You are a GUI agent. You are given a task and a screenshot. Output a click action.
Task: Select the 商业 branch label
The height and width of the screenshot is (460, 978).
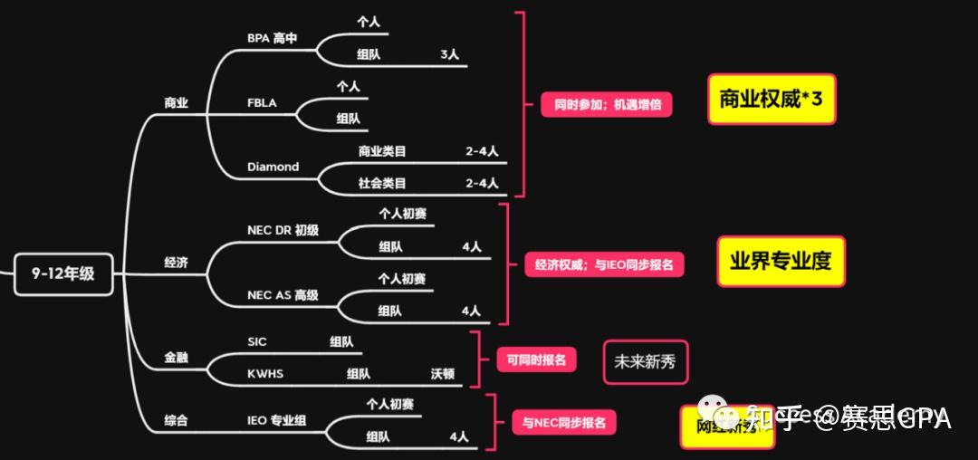coord(176,103)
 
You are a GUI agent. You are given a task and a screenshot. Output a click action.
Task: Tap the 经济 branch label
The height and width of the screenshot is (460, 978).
coord(176,264)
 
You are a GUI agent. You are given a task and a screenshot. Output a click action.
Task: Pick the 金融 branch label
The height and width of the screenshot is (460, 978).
coord(176,358)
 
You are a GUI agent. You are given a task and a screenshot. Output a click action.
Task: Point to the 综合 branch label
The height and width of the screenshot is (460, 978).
coord(176,420)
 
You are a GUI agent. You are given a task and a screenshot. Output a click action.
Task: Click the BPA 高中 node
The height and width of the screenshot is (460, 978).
coord(272,39)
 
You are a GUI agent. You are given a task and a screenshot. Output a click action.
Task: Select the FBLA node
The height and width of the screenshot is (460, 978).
coord(262,103)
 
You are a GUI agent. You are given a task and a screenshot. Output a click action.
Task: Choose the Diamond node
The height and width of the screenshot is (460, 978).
coord(273,167)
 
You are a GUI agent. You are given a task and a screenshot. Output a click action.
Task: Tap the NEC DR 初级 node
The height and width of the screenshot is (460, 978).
coord(283,231)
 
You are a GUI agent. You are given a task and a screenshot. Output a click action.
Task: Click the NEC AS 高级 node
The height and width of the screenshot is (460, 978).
coord(283,295)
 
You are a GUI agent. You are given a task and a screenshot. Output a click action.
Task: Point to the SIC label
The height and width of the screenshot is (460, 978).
coord(257,341)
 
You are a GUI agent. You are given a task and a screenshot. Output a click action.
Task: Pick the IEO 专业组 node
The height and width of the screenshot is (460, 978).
coord(276,420)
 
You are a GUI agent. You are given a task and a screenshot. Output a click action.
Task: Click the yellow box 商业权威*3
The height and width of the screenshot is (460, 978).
coord(771,100)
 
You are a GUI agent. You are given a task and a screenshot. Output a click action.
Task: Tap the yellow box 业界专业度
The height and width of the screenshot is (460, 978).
coord(781,262)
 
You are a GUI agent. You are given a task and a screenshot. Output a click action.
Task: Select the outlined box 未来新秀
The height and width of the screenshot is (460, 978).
coord(645,362)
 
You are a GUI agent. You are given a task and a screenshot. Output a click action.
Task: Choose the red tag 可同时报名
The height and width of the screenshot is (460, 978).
coord(536,359)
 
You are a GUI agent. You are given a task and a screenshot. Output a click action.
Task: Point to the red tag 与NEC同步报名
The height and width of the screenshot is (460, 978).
coord(563,422)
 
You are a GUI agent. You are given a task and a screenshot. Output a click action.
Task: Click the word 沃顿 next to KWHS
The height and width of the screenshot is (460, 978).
coord(443,373)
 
